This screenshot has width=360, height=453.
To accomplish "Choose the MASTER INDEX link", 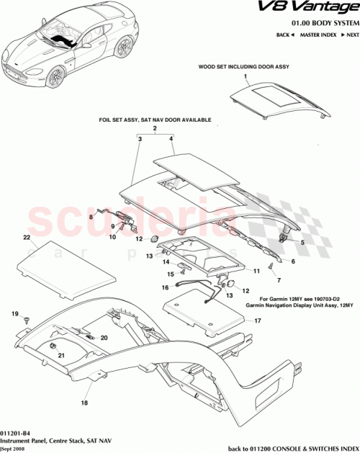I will [319, 35].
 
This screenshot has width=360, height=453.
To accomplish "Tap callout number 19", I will [14, 314].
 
